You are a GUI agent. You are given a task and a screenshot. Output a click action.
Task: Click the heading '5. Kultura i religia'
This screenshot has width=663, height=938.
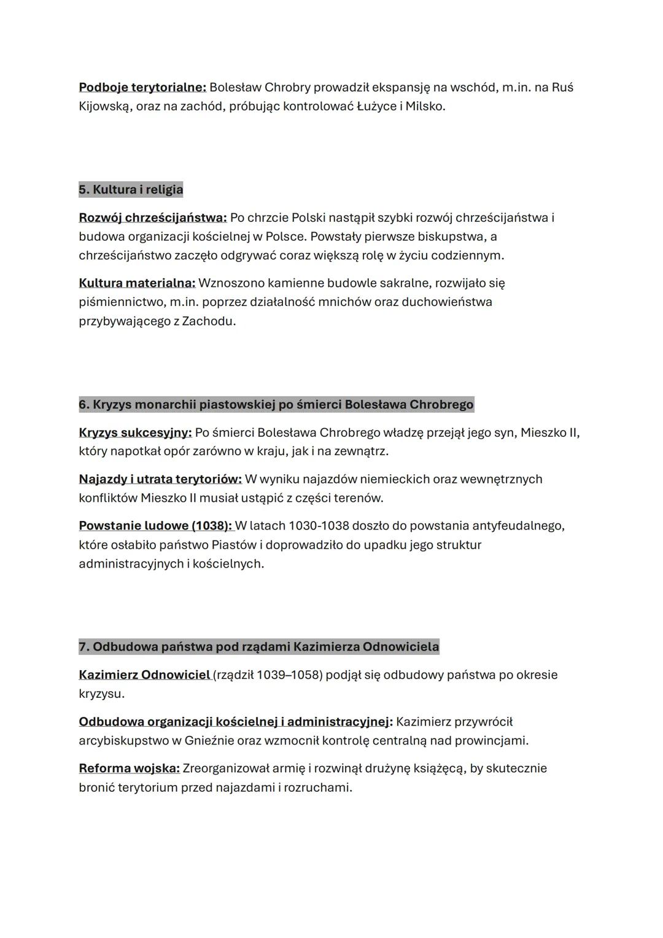131,189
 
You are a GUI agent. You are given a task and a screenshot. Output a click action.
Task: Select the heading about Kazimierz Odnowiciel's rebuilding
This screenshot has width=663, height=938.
258,647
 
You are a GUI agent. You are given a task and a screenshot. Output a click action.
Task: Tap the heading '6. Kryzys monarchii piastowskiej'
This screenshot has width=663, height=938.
276,405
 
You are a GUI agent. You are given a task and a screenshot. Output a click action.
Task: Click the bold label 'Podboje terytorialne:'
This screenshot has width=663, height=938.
142,87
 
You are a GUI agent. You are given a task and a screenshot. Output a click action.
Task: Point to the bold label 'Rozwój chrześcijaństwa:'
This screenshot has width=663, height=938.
153,217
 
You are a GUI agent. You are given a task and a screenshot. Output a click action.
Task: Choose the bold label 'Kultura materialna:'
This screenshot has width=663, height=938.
137,283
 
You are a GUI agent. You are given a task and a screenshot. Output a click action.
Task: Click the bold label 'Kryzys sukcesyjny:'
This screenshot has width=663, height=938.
135,432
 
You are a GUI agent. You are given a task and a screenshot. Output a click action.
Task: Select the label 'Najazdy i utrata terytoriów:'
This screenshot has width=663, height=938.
160,479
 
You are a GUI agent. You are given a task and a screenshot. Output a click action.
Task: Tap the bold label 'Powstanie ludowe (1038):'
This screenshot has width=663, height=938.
155,526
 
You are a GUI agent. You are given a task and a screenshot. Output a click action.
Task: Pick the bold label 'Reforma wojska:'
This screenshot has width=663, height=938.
129,768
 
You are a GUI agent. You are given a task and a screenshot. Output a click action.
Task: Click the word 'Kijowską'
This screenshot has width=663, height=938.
105,106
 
